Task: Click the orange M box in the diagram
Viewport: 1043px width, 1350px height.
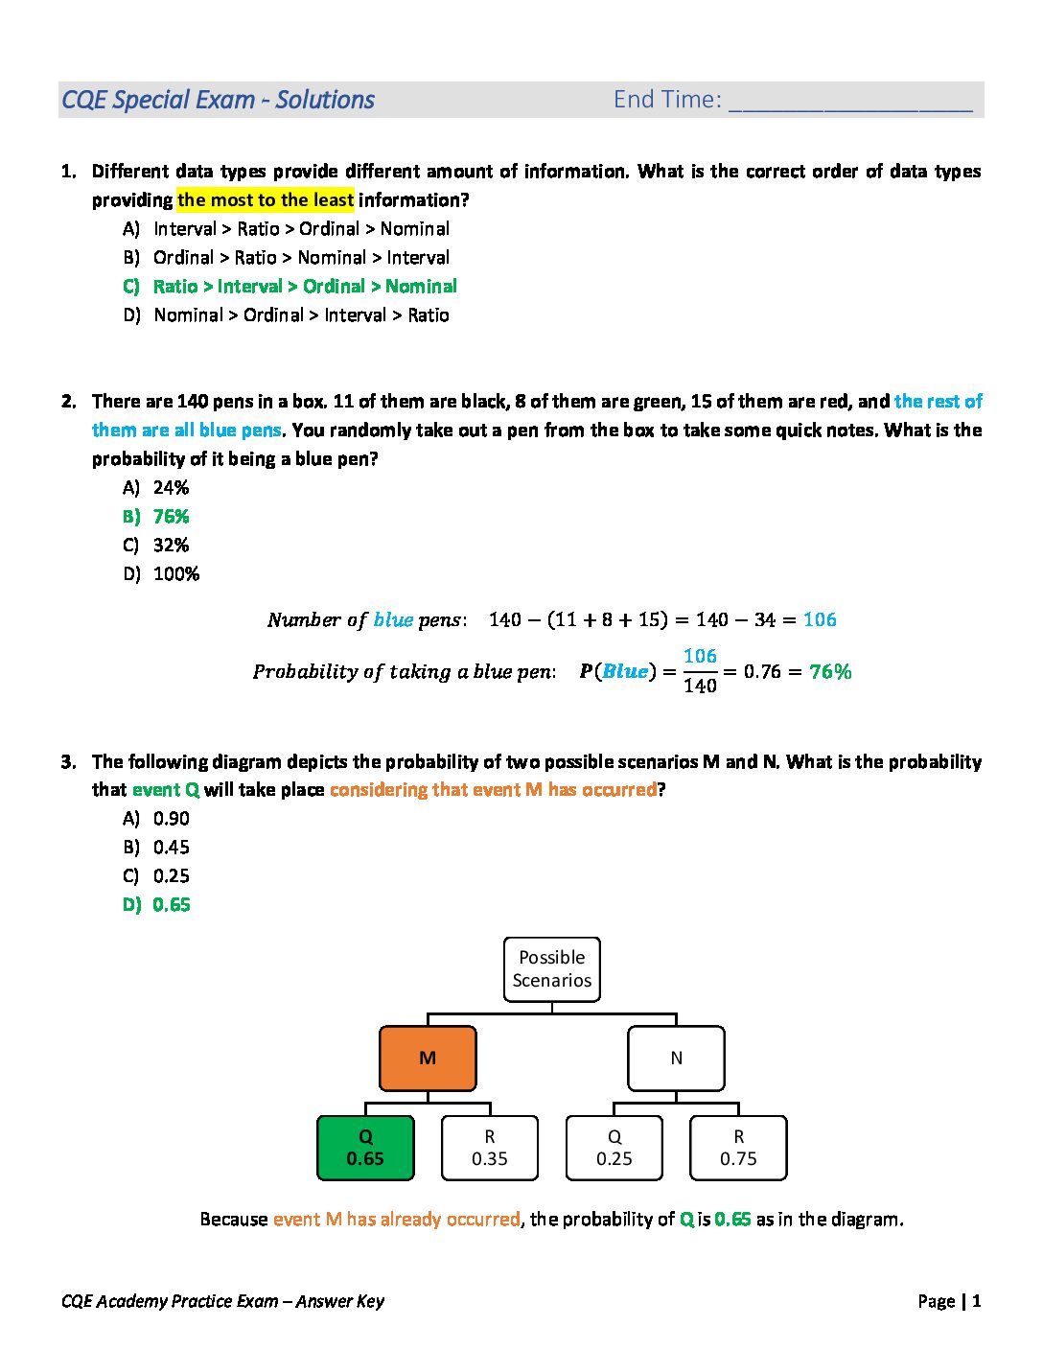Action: tap(428, 1059)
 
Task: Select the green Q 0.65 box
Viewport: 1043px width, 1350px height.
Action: tap(365, 1148)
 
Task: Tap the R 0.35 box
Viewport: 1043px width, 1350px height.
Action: tap(490, 1148)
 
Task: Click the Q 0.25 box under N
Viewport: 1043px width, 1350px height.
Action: tap(614, 1148)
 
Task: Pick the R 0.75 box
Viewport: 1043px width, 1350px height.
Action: tap(738, 1148)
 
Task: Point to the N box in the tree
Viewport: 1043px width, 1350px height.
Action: tap(676, 1059)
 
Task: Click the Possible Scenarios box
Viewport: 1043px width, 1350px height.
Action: tap(552, 969)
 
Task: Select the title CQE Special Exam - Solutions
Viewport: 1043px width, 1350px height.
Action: tap(218, 100)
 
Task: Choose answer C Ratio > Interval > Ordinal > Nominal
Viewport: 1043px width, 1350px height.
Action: tap(304, 287)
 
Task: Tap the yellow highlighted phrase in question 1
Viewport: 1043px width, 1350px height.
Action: tap(266, 200)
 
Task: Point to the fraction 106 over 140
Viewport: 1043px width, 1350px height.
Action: tap(700, 671)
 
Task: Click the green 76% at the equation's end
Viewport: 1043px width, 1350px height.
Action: tap(830, 672)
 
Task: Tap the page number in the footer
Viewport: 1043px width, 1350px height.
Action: tap(976, 1301)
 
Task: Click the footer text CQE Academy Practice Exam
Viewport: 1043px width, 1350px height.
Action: tap(222, 1301)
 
